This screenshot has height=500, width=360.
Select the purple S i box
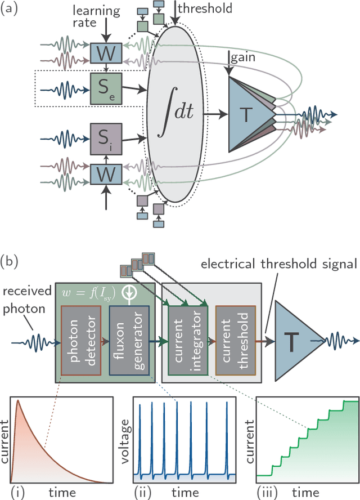[x=106, y=138]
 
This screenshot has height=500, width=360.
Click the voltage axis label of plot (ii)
[x=128, y=437]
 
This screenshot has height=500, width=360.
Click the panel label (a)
[x=13, y=11]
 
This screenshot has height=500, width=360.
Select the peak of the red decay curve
[x=17, y=401]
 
